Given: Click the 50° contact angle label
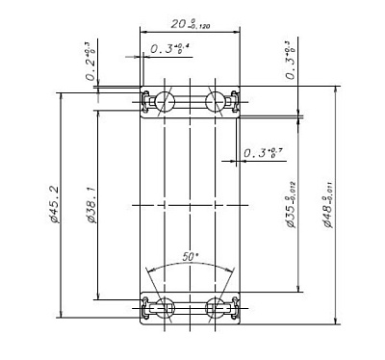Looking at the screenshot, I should pos(190,257).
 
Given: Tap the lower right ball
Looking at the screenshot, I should pos(214,307).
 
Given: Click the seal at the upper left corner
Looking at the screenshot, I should pos(145,101).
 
